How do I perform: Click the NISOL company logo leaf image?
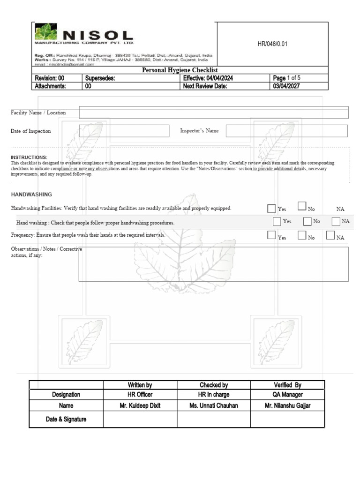tap(45, 32)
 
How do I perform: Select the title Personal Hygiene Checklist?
tap(180, 70)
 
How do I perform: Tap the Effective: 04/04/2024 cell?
tap(208, 78)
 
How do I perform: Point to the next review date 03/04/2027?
tap(286, 86)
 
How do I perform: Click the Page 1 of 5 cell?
tap(287, 78)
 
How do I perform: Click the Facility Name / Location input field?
tap(214, 112)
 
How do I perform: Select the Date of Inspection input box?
tap(124, 131)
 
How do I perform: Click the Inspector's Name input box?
tap(286, 131)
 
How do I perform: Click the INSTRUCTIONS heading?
tap(29, 157)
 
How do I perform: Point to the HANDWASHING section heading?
tap(31, 194)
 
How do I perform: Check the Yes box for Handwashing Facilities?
tap(271, 208)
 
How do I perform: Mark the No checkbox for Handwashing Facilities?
tap(302, 206)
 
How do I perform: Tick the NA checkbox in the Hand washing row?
tap(336, 221)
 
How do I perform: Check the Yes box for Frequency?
tap(271, 235)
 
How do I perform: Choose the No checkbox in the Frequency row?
tap(302, 235)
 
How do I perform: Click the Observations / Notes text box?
tap(213, 264)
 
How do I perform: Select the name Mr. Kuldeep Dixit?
tap(140, 406)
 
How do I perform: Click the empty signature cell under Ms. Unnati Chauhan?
tap(213, 420)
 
